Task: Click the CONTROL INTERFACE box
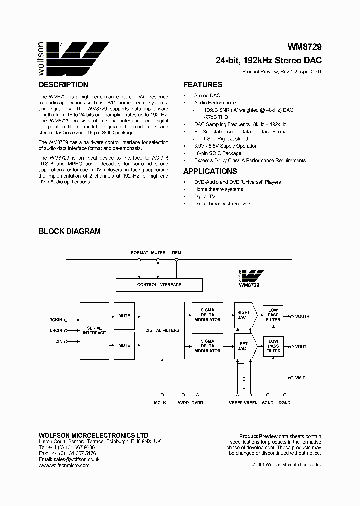159,285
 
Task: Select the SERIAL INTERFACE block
94,330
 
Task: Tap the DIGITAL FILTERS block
162,330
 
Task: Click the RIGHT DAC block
243,315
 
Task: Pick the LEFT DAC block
243,346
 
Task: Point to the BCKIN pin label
56,320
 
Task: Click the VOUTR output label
302,316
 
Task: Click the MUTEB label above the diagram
158,253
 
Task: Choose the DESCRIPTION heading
63,85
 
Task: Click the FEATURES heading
203,85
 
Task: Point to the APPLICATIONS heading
209,171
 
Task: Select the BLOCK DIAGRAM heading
70,231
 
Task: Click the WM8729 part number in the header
304,47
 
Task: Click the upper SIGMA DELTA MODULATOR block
207,315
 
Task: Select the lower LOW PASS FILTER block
273,346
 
